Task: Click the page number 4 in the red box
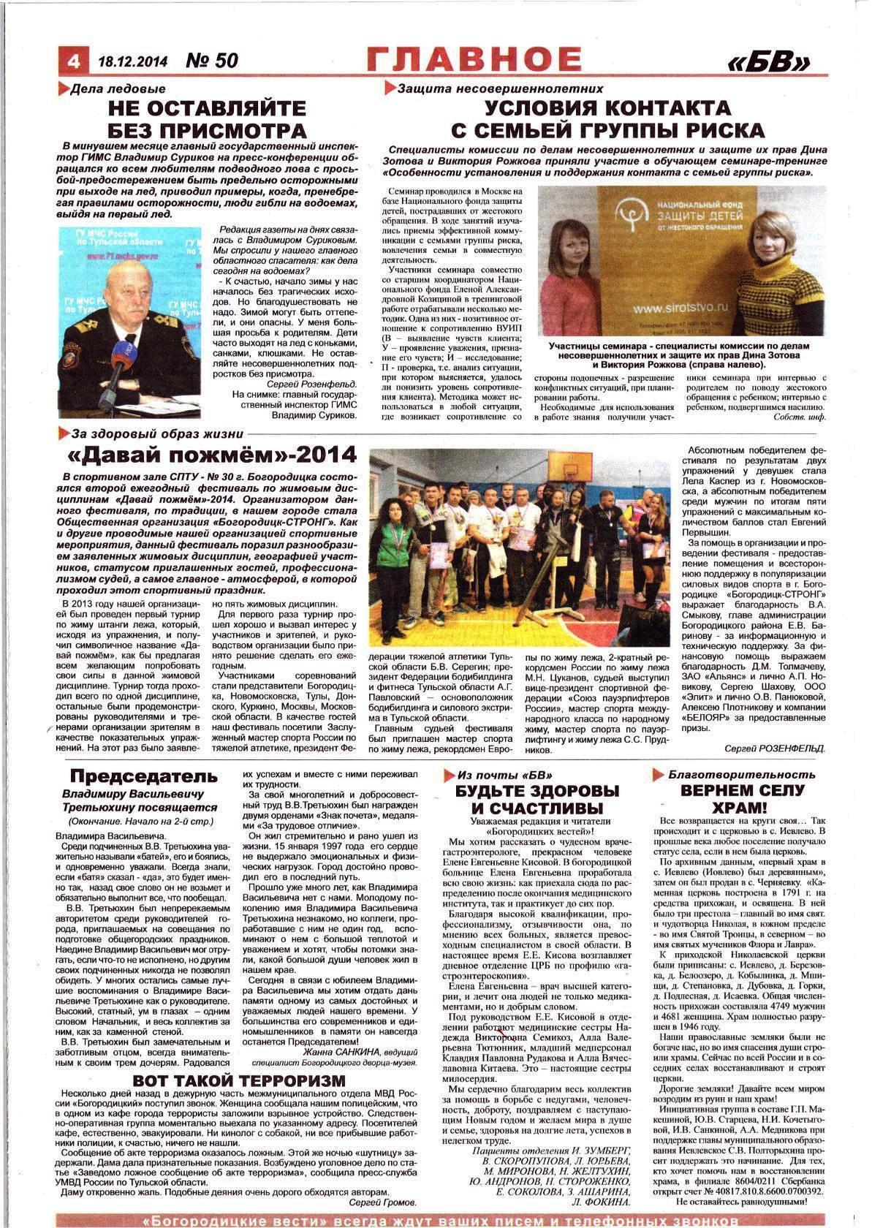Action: (x=72, y=61)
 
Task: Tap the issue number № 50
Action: (x=212, y=60)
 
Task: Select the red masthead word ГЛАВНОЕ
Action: (x=474, y=59)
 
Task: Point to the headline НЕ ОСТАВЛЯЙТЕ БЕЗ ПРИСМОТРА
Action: (x=207, y=119)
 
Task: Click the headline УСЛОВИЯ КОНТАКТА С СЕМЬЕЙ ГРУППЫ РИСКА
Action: (x=607, y=119)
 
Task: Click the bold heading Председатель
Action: (x=143, y=776)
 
